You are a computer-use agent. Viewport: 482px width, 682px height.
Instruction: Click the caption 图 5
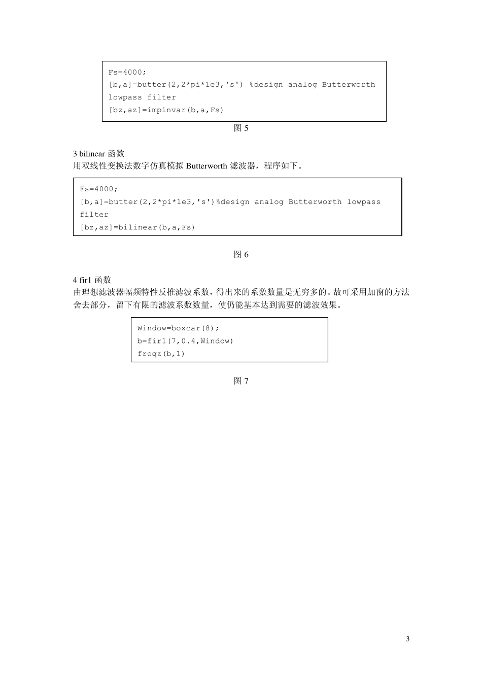pos(241,128)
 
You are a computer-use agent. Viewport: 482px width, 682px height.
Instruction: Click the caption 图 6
pos(241,255)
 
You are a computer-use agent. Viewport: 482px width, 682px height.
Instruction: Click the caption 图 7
pos(241,381)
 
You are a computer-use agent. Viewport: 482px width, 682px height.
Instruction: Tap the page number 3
pos(408,639)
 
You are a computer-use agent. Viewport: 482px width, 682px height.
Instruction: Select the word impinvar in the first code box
pos(166,110)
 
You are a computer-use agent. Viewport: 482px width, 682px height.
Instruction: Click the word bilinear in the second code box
pos(137,227)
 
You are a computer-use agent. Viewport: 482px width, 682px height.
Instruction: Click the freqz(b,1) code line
pos(161,354)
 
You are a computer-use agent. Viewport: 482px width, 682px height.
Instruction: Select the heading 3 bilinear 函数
pos(99,154)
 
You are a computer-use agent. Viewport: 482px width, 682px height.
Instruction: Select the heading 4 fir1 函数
pos(92,280)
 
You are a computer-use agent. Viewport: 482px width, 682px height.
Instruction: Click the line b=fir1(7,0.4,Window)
pos(185,341)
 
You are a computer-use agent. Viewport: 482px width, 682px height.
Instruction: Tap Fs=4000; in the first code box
pos(127,72)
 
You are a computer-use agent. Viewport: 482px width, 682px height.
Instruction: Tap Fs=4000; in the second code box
pos(98,189)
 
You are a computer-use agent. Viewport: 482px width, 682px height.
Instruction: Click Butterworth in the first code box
pos(349,85)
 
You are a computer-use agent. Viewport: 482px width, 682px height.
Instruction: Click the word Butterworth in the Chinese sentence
pos(207,166)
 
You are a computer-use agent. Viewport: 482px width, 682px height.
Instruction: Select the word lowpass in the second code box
pos(363,202)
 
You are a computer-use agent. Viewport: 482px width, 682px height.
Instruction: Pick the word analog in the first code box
pos(302,85)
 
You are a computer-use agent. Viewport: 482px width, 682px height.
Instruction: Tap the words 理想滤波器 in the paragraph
pos(103,292)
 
